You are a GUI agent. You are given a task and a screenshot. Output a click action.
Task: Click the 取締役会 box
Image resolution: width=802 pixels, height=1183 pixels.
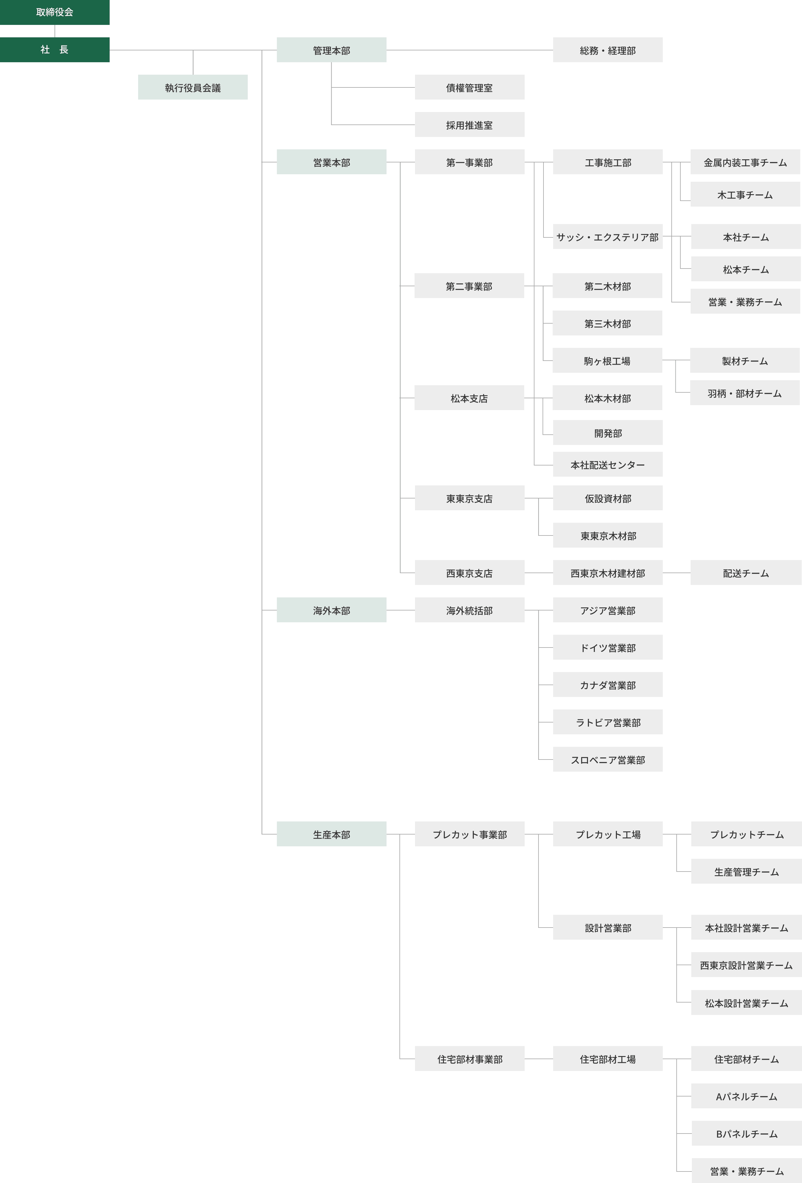[54, 12]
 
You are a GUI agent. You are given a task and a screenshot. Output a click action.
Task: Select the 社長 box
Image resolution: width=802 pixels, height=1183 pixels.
[54, 49]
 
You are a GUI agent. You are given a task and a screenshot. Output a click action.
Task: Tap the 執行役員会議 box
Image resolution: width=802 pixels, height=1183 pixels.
[193, 87]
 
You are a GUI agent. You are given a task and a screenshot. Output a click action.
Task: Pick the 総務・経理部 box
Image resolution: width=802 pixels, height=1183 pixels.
[608, 50]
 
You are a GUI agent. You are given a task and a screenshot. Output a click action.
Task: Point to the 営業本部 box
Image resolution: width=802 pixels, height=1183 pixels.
[331, 162]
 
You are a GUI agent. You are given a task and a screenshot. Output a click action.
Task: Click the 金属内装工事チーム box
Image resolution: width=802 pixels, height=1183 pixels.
[745, 162]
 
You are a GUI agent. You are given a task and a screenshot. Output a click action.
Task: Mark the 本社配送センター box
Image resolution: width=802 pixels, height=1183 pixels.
[608, 464]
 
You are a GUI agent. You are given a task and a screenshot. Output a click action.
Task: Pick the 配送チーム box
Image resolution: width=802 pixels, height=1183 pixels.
[745, 573]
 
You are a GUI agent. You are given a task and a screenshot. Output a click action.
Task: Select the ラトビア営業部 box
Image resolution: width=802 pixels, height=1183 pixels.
[608, 722]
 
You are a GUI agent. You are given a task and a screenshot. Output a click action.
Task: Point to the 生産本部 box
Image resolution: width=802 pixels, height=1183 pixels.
[331, 834]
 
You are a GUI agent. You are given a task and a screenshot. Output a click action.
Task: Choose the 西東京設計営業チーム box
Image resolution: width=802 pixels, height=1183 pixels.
[746, 965]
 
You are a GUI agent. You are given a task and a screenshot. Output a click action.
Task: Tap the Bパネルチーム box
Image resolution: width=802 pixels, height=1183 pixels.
[746, 1133]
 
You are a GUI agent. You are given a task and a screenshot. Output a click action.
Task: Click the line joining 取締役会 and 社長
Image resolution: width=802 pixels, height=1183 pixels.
[54, 31]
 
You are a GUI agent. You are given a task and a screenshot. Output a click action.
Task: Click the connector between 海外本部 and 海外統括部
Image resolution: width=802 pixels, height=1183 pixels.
[400, 610]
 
